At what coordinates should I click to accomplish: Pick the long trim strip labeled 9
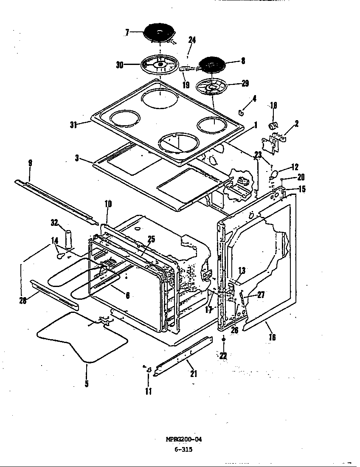55,200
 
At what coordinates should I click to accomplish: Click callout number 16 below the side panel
272,337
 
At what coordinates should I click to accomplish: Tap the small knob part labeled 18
274,125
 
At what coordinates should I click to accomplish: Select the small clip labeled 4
240,112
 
